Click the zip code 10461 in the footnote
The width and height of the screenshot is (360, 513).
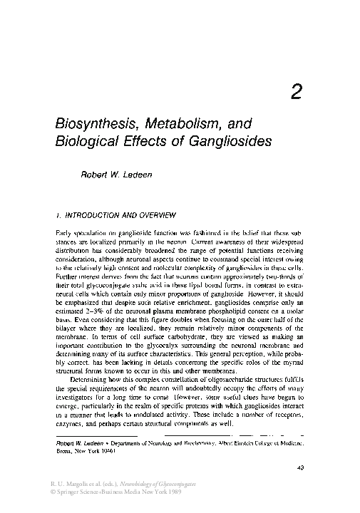tap(106, 450)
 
